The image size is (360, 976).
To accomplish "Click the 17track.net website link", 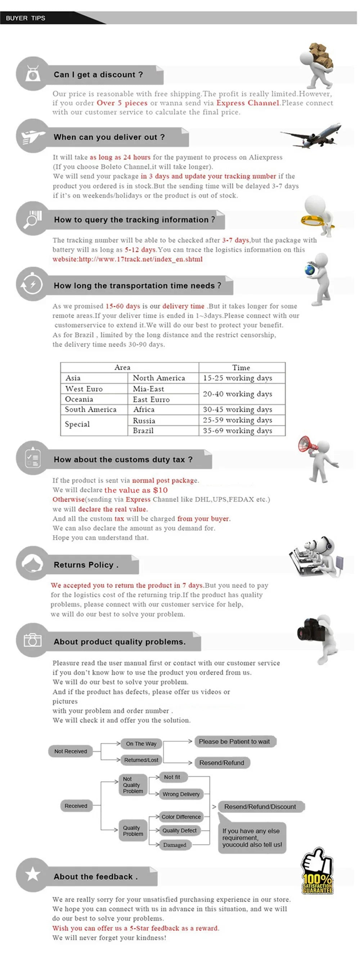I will point(127,260).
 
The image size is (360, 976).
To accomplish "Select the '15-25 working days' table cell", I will point(238,378).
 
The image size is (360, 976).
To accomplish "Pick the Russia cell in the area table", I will point(144,420).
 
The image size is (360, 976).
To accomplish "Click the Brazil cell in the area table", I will point(143,431).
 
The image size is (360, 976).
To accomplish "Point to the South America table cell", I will point(91,410).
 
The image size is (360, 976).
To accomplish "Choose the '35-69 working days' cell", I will point(238,431).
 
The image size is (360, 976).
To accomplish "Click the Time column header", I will point(241,368).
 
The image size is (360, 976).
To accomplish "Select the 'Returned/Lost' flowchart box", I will point(141,760).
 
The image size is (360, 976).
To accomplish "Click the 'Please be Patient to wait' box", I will point(235,742).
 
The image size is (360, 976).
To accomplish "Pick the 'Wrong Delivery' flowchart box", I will point(181,794).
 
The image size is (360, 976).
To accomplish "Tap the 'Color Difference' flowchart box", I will point(181,817).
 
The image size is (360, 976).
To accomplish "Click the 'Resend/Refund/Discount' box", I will point(260,806).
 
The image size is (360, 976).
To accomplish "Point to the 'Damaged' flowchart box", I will point(175,845).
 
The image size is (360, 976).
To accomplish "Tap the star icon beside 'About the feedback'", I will point(33,874).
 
